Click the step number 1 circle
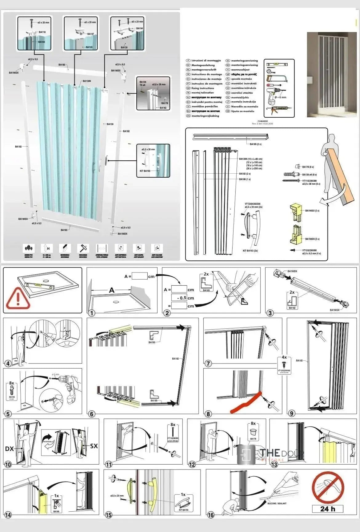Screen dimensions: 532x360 91,313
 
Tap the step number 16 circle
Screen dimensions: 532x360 211,515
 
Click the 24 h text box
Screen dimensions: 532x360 328,509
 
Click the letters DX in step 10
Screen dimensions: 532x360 10,449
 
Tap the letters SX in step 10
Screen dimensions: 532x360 94,446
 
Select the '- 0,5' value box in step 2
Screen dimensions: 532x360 179,298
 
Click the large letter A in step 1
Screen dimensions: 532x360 112,290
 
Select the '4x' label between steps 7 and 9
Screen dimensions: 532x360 284,357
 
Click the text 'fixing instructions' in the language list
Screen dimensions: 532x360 202,88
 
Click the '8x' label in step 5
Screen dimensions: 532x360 12,383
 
